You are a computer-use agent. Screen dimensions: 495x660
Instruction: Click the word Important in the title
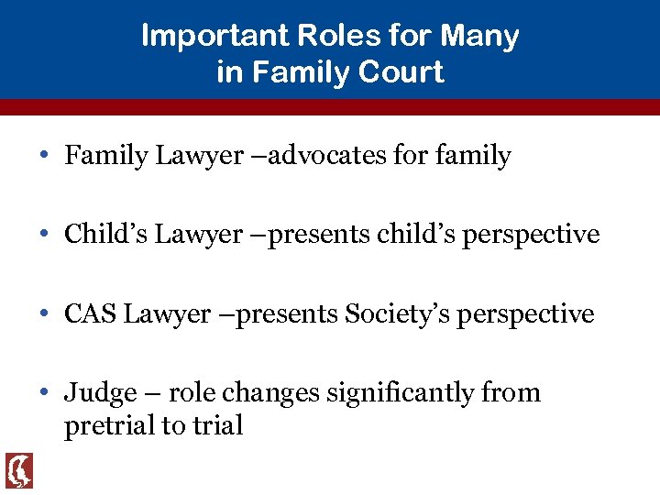point(196,37)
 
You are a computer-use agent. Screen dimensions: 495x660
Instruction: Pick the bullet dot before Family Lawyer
point(44,156)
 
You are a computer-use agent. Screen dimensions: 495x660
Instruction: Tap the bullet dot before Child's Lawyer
point(44,235)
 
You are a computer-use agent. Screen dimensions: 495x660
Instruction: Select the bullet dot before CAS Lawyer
point(44,314)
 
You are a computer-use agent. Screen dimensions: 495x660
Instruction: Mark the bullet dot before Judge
point(44,393)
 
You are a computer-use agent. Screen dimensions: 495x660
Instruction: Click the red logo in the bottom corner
point(18,470)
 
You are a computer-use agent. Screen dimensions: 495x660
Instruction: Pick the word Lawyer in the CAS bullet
point(167,314)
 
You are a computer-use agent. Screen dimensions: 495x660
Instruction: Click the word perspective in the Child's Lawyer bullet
point(531,236)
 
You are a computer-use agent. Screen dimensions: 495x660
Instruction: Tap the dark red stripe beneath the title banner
point(330,106)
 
